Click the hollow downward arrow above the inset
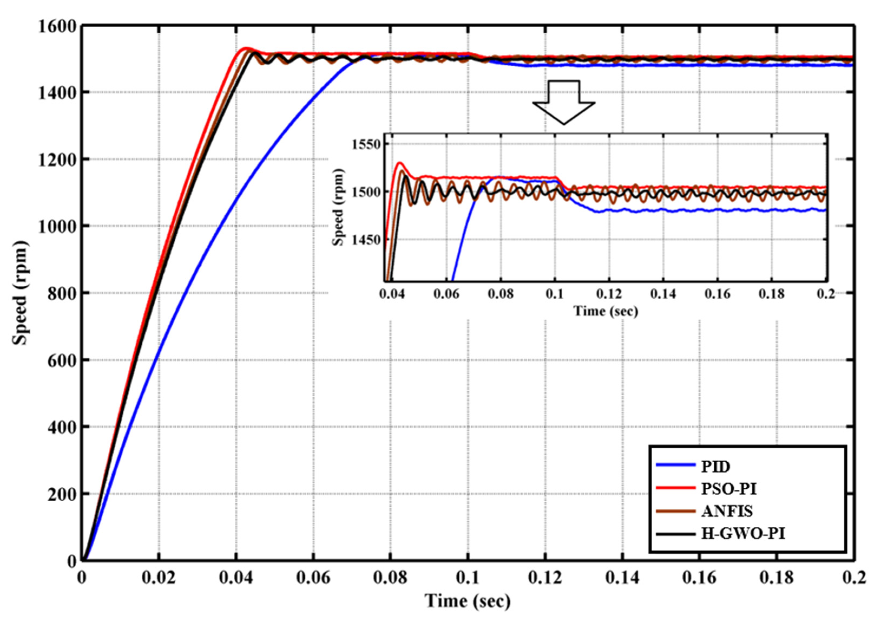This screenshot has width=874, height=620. coord(564,101)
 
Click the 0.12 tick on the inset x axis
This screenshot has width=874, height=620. coord(609,294)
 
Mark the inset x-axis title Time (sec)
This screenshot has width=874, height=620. coord(606,311)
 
